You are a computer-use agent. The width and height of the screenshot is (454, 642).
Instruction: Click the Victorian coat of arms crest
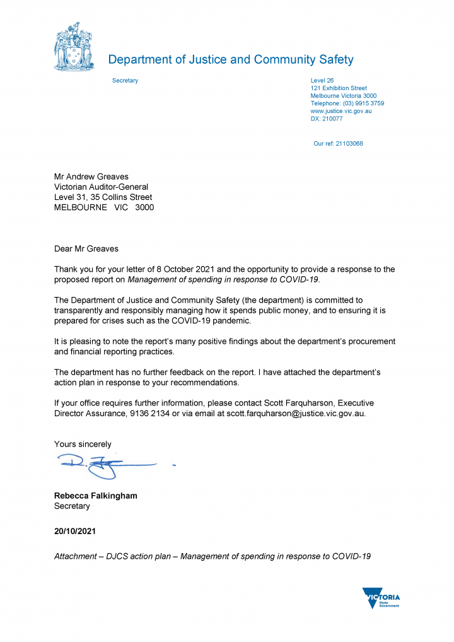(74, 47)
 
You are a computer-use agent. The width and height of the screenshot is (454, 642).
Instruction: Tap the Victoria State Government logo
(381, 597)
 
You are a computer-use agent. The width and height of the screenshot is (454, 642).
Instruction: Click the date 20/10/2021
(74, 532)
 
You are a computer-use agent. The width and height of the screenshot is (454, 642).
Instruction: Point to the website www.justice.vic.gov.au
(341, 111)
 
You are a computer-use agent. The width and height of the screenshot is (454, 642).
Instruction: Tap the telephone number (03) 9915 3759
(363, 103)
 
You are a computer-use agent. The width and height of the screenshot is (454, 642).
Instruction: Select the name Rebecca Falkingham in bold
(95, 496)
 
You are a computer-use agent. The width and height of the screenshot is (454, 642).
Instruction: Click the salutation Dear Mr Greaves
(86, 249)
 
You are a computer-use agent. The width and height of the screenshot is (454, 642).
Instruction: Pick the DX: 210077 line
(327, 119)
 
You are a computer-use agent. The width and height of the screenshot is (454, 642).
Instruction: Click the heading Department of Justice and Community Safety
(231, 60)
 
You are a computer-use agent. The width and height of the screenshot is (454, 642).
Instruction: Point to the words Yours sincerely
(83, 444)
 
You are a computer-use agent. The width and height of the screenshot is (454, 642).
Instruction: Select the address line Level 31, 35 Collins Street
(103, 197)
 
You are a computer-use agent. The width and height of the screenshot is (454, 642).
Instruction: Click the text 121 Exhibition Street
(339, 88)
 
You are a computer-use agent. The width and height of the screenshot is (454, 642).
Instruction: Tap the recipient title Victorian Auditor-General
(101, 187)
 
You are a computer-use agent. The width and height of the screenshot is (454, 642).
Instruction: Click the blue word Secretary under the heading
(125, 81)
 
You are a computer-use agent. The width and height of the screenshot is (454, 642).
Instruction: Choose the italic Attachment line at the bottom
(212, 556)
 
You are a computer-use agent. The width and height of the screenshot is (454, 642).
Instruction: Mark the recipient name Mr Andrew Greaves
(91, 177)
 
